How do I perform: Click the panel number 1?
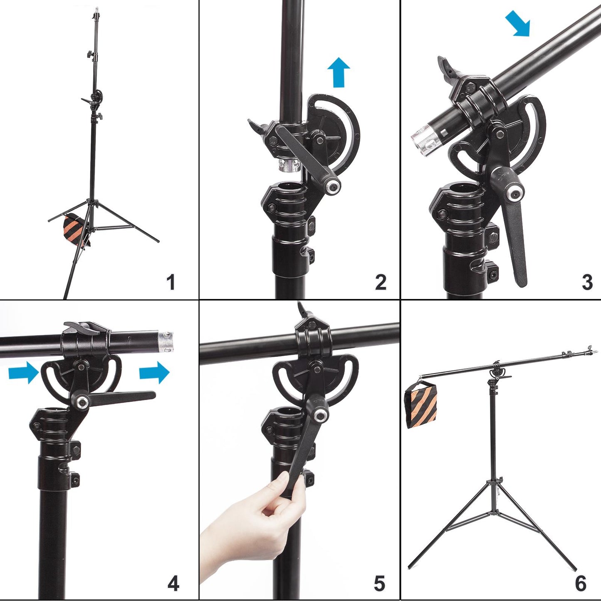(171, 282)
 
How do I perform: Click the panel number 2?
(381, 282)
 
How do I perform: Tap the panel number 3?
(587, 282)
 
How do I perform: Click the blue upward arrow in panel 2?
(339, 73)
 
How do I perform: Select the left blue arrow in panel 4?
(24, 372)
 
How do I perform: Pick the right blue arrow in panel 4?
(154, 372)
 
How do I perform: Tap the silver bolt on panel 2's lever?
(332, 186)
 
